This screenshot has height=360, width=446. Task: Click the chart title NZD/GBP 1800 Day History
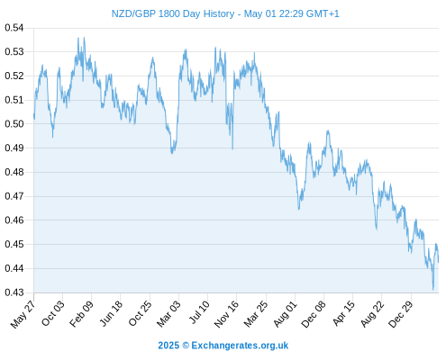[173, 13]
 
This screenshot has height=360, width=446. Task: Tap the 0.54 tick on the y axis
[14, 28]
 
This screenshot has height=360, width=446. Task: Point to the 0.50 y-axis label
[14, 123]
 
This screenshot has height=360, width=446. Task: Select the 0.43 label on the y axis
[14, 292]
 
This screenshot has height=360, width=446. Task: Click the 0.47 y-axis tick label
[14, 196]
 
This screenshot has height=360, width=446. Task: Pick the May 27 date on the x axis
[23, 314]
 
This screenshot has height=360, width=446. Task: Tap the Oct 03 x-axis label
[53, 313]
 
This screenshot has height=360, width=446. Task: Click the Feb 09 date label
[81, 313]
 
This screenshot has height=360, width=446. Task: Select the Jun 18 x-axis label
[111, 313]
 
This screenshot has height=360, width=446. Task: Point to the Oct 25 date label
[140, 313]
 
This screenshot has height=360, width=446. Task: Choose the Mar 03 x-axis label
[168, 313]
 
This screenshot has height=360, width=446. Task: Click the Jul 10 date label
[199, 312]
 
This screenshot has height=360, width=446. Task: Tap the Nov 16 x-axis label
[226, 314]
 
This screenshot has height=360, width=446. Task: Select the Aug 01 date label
[285, 313]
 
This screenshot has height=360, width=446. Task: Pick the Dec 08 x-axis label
[314, 314]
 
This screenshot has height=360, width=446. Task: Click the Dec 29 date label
[401, 314]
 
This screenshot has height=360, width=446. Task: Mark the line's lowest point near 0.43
[433, 290]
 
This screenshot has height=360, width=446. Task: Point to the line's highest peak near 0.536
[84, 38]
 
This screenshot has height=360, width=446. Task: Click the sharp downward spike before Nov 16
[232, 148]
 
